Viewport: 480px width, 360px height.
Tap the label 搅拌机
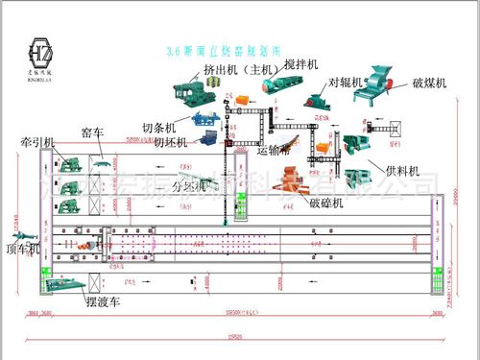pyautogui.click(x=275, y=65)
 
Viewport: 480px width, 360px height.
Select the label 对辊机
pyautogui.click(x=346, y=84)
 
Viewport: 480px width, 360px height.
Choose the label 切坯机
pyautogui.click(x=158, y=145)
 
